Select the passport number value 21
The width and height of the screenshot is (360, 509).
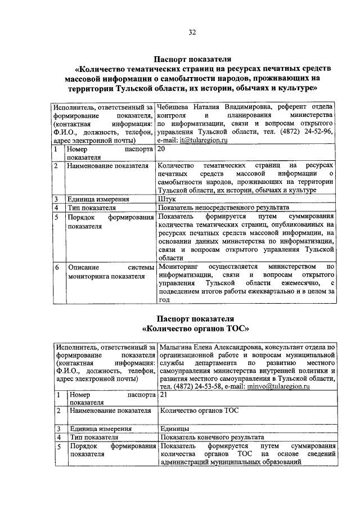[164, 396]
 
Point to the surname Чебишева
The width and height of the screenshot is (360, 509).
[175, 106]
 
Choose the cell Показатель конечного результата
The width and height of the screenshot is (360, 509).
[212, 437]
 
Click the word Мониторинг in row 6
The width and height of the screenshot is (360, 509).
[179, 266]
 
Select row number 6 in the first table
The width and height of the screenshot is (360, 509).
[56, 267]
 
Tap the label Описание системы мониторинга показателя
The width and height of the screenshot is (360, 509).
[107, 272]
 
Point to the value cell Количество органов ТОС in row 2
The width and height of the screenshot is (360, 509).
[199, 411]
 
